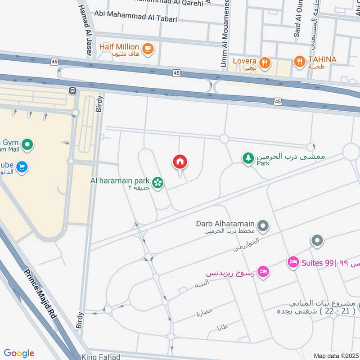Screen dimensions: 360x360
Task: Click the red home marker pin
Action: [180, 162]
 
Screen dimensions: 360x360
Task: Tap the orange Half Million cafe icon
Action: [147, 48]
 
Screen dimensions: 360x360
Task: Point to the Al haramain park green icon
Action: [157, 182]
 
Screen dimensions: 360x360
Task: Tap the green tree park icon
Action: [248, 158]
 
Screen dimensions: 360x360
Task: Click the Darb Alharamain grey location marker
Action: [263, 226]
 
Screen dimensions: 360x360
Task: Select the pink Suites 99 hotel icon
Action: [293, 262]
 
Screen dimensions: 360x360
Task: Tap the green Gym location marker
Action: [28, 145]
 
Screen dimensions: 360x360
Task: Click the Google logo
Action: [19, 353]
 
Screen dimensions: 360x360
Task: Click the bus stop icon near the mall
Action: [72, 90]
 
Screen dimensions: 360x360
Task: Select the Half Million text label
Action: [119, 47]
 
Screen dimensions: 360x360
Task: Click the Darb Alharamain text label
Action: [225, 224]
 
